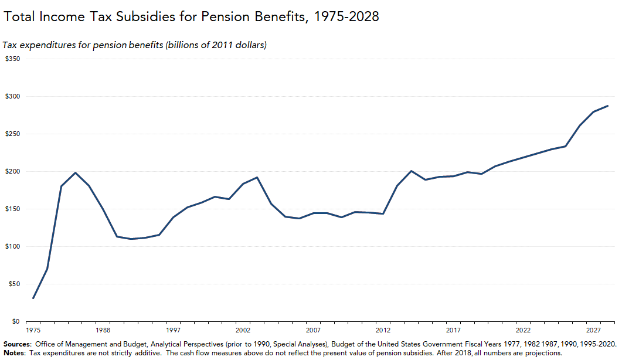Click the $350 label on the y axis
(12, 59)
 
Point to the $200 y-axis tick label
(12, 171)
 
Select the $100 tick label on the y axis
(12, 246)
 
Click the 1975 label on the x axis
(33, 331)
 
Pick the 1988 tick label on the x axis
(103, 331)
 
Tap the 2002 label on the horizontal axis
(243, 331)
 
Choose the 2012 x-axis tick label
(383, 331)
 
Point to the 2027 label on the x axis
(593, 331)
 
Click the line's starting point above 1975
(33, 298)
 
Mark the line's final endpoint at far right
(607, 106)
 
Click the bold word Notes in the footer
(13, 353)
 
